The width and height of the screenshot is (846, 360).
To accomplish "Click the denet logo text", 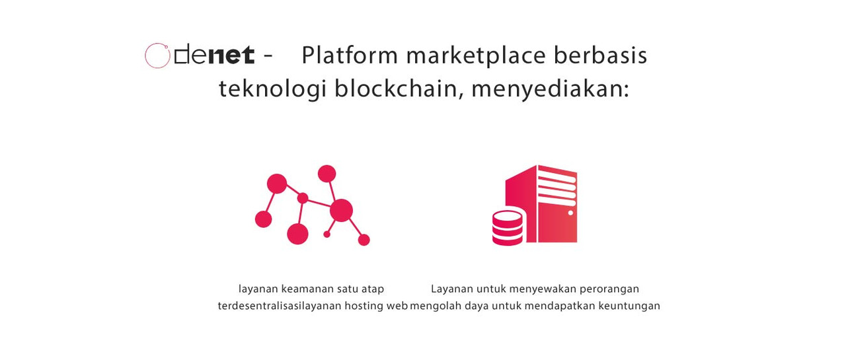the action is pos(213,55).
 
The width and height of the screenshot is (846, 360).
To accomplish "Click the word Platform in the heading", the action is pos(350,56).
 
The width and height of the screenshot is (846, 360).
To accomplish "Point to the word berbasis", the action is pos(601,55).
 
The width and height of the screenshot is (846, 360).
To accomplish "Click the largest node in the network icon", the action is pos(341,210).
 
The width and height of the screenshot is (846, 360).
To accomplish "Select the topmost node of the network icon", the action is pos(327,174).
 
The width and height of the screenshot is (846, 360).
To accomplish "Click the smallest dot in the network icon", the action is pos(327,234).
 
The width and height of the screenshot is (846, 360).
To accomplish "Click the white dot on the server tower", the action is pos(570,213).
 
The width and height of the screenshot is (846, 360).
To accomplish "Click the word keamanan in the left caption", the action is pos(307,289).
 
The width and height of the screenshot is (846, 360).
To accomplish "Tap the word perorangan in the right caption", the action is pos(609,289).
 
